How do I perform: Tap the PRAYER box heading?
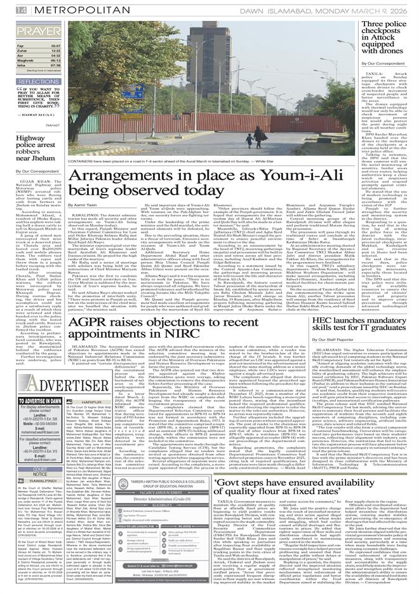tap(32, 31)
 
